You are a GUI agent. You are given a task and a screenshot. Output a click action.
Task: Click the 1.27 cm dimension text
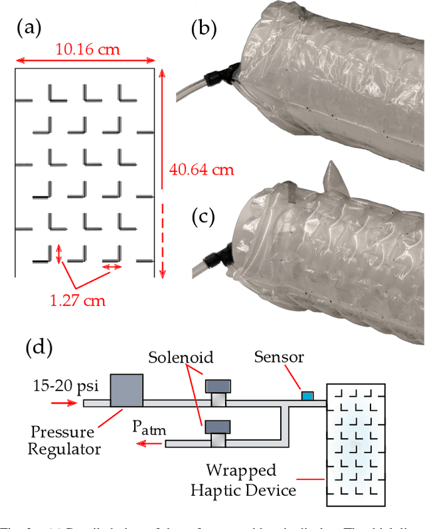coord(79,300)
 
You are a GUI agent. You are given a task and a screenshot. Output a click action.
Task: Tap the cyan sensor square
coord(307,396)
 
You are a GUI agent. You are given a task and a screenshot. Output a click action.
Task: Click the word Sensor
coord(279,358)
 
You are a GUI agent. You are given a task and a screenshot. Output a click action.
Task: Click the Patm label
coord(148,427)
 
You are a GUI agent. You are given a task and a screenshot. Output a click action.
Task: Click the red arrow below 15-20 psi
coord(65,403)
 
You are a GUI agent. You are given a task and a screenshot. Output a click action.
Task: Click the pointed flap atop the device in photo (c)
coord(334,177)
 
